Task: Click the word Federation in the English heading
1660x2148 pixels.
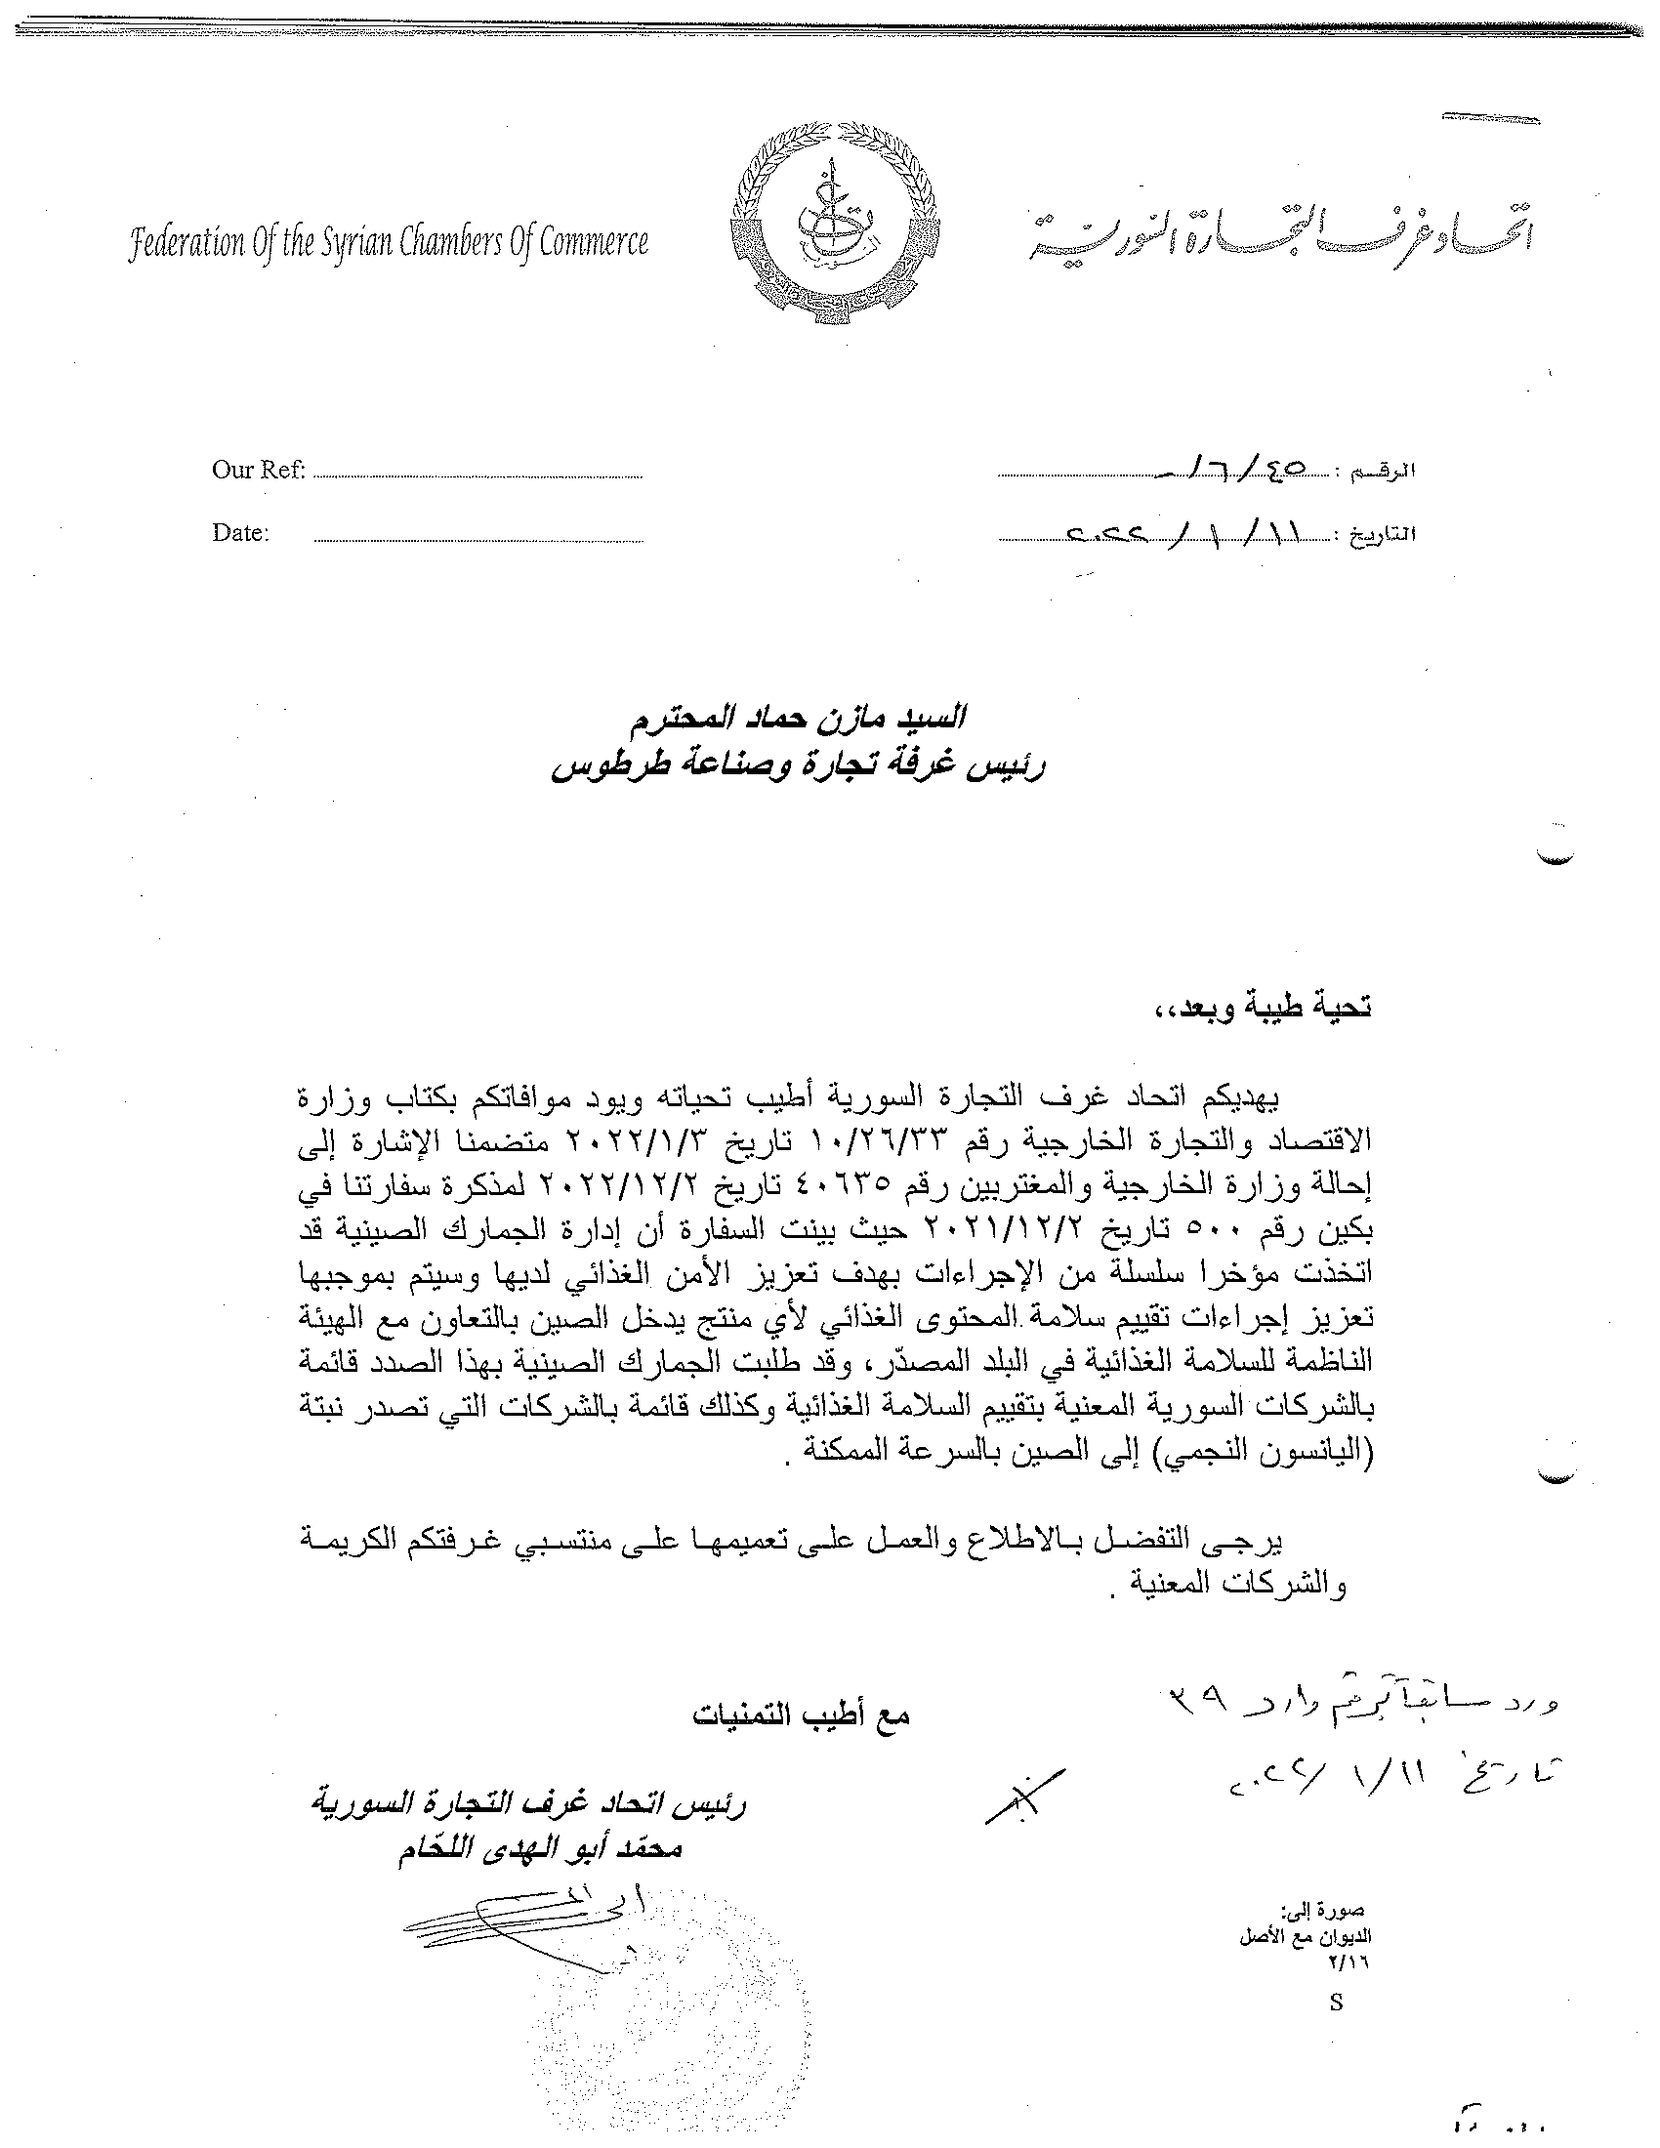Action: [x=187, y=242]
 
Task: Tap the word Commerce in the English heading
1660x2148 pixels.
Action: [x=596, y=242]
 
